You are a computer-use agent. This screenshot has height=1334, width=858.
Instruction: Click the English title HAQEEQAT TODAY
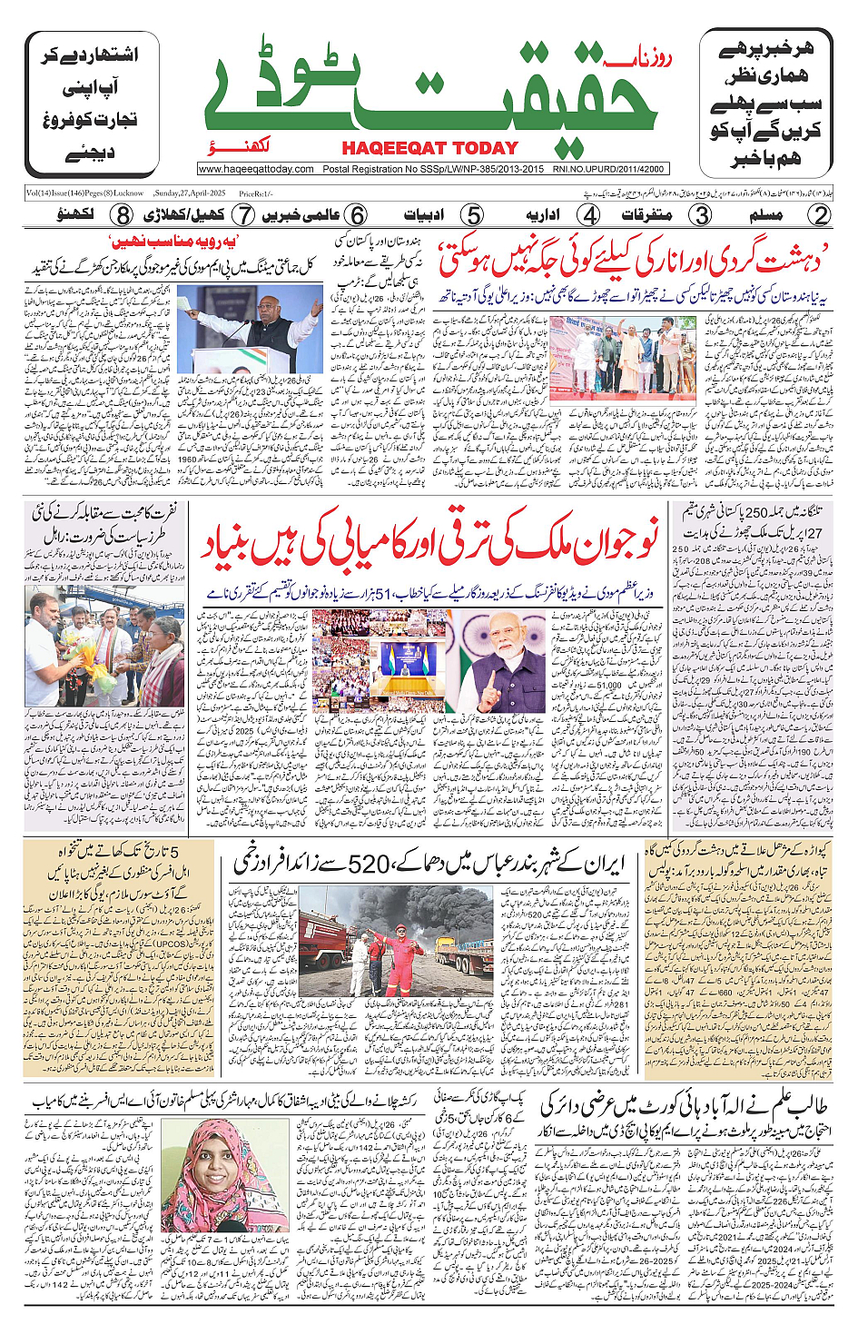pos(429,148)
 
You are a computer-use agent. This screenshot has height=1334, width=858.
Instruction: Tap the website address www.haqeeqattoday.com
pos(256,169)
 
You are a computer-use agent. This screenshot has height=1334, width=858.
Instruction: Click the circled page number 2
pos(820,215)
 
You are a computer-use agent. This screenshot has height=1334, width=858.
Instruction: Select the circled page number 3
pos(701,215)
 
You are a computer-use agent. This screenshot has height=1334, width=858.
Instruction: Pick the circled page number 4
pos(589,215)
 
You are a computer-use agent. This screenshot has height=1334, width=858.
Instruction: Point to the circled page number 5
pos(471,215)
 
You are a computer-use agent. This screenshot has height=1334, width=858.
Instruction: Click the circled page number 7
pos(242,215)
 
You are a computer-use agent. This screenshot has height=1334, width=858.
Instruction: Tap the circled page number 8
pos(123,215)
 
